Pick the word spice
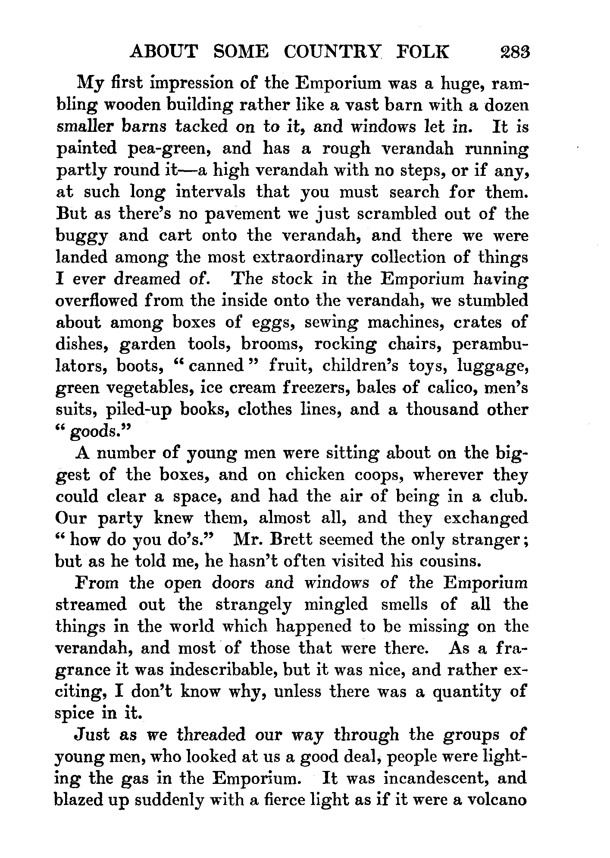[x=75, y=714]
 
